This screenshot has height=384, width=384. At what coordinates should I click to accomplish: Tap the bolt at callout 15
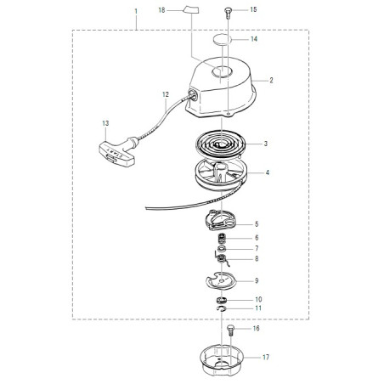(228, 13)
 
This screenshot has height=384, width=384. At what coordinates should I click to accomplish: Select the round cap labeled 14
(221, 39)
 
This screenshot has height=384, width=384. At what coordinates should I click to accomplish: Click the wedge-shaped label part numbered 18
(191, 9)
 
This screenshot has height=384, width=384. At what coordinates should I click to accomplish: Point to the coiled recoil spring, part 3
(220, 144)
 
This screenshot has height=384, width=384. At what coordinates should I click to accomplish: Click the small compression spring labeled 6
(222, 238)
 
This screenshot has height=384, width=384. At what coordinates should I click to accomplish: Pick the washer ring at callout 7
(222, 249)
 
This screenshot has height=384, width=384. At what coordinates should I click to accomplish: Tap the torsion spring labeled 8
(222, 259)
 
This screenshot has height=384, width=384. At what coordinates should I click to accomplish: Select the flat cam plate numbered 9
(221, 280)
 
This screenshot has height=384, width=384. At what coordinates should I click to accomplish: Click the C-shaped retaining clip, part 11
(222, 308)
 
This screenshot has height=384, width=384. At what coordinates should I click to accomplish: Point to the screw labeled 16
(230, 330)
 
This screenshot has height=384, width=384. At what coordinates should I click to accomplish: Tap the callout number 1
(136, 11)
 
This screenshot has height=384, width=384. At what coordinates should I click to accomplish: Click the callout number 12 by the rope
(166, 94)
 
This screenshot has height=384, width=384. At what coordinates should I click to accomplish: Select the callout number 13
(105, 123)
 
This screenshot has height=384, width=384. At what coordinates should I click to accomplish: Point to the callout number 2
(271, 81)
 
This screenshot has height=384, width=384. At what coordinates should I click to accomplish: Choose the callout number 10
(258, 300)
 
